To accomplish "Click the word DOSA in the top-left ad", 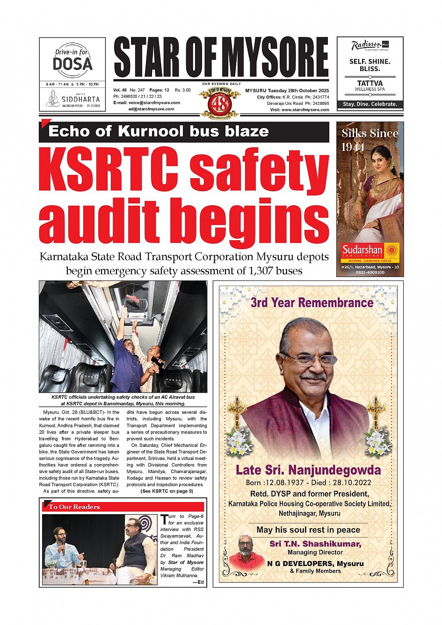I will click(x=72, y=64).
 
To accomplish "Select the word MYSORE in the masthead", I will click(x=275, y=57).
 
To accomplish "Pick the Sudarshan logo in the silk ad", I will click(x=362, y=250).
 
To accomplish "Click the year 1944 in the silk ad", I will click(x=353, y=147).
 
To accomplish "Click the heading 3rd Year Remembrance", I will click(x=312, y=302).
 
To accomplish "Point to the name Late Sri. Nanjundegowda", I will click(x=308, y=470).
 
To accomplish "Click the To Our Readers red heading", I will click(x=74, y=507).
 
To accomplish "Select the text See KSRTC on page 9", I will click(x=167, y=491).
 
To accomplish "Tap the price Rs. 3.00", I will click(x=182, y=90).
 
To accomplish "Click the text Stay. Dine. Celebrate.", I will click(x=370, y=104).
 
